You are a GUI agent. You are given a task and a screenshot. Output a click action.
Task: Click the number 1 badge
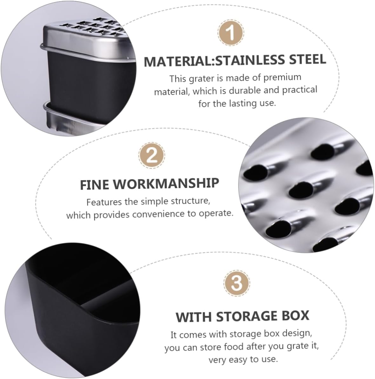pos(231,33)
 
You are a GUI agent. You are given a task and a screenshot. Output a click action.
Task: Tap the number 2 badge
pos(152,155)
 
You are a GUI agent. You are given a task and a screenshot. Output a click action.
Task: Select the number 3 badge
pos(237,283)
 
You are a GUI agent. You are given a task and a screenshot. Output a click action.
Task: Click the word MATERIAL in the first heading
pos(177,61)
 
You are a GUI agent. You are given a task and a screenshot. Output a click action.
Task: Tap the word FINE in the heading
pos(94,185)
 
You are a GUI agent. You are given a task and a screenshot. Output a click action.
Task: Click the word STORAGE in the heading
pos(246,316)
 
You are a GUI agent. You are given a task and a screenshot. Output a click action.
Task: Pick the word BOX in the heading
pos(294,316)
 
